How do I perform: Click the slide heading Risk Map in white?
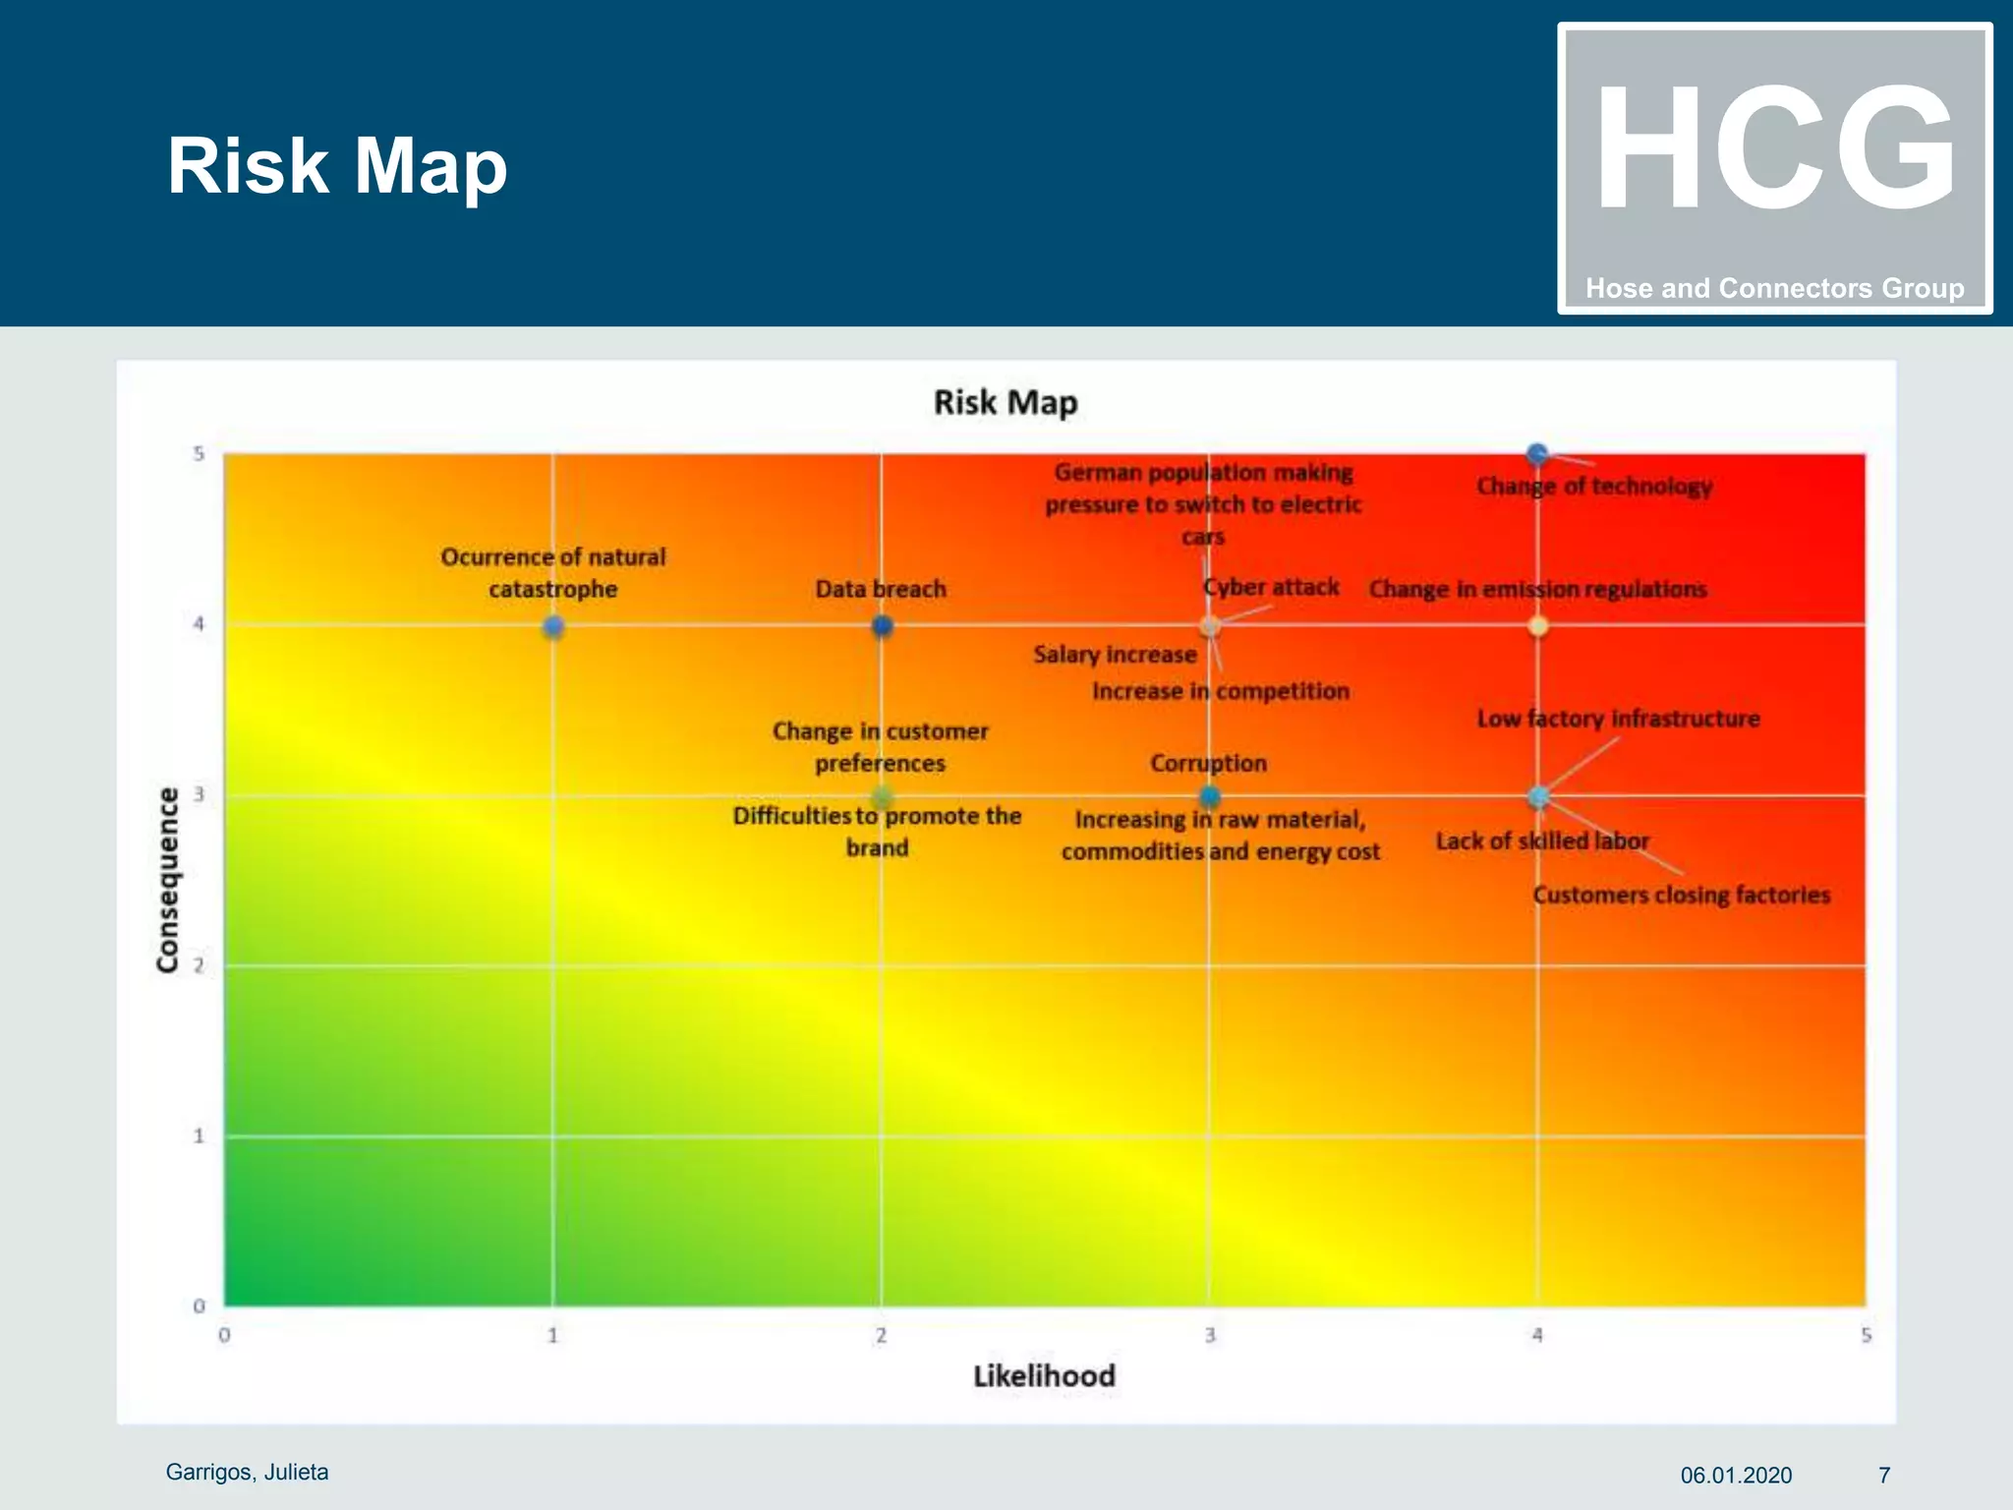337,165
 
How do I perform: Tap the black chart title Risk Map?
1005,402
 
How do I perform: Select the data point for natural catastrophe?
553,626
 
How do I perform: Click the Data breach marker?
882,626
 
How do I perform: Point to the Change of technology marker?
1537,454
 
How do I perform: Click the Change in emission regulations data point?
1538,626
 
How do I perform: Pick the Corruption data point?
1210,796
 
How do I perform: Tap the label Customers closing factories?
1681,895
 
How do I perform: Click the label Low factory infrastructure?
1618,719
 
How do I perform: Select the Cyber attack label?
1271,587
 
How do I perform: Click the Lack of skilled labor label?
1541,842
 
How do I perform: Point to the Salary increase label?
1115,655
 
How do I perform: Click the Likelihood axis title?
1044,1375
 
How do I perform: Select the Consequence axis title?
168,880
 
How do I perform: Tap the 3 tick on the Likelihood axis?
1210,1335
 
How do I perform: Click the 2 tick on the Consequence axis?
199,965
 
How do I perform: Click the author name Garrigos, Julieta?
247,1472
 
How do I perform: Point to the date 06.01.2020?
1736,1475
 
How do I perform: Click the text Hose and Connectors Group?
1774,288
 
